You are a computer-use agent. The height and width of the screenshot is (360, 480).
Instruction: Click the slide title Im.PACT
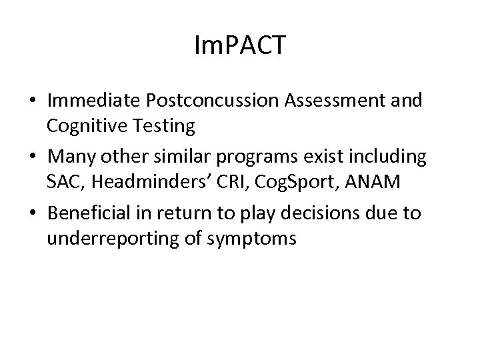pos(239,46)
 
